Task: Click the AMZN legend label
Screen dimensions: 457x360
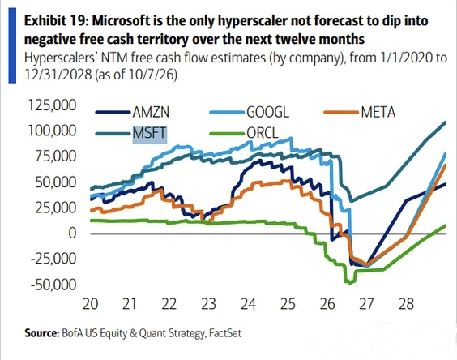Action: coord(151,112)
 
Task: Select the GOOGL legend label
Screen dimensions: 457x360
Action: coord(268,112)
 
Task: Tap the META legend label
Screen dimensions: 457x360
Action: coord(378,112)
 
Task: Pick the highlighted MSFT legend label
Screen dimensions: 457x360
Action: coord(150,133)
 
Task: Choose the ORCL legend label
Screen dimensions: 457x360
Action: coord(263,133)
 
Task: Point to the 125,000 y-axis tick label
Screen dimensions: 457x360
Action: coord(52,105)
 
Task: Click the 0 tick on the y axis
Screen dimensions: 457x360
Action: coord(72,233)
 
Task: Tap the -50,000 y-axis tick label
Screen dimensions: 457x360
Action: coord(53,284)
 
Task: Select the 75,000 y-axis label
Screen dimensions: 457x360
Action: coord(56,156)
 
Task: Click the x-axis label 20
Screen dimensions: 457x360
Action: coord(91,304)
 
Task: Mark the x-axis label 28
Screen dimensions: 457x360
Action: coord(406,304)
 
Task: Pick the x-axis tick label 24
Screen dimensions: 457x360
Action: coord(248,304)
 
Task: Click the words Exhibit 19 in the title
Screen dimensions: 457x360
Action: coord(57,21)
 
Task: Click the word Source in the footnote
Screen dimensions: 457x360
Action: coord(41,333)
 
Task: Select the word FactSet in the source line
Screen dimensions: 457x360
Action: coord(225,333)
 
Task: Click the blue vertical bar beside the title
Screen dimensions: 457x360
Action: coord(12,45)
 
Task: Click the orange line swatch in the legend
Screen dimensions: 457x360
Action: coord(341,112)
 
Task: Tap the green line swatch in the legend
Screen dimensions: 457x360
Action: coord(227,134)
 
